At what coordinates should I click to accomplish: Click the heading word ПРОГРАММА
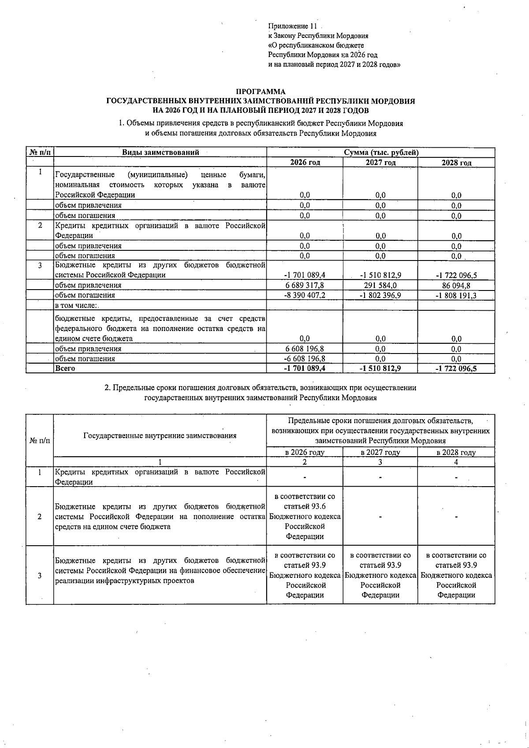coord(261,92)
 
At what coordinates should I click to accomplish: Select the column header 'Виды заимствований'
coord(160,153)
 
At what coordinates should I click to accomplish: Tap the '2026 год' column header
coord(305,163)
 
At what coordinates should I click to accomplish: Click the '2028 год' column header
coord(456,163)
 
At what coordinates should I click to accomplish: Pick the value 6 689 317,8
coord(305,285)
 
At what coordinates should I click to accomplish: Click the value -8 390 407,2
coord(305,295)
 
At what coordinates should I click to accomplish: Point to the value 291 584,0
coord(380,285)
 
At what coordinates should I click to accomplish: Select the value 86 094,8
coord(456,285)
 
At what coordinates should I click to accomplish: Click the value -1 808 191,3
coord(456,295)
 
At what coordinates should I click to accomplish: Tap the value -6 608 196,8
coord(305,359)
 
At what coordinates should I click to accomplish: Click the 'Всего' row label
coord(65,368)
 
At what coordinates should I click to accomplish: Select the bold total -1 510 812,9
coord(380,368)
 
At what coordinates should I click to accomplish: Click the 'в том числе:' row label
coord(76,305)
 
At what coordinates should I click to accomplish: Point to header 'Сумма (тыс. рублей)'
coord(381,153)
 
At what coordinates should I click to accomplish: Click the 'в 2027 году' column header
coord(380,452)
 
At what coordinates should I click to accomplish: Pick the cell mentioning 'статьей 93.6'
coord(305,517)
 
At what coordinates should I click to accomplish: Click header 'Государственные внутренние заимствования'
coord(160,435)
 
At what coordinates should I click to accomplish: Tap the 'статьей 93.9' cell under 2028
coord(456,575)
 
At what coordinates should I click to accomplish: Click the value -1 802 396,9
coord(380,295)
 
